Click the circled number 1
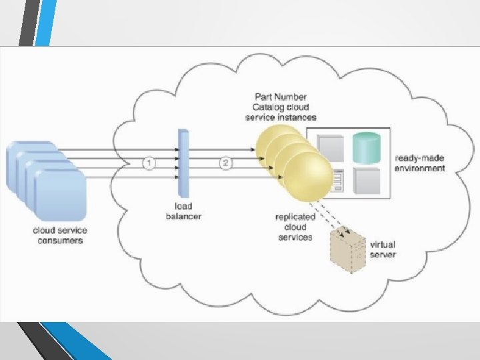[150, 163]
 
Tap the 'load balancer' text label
[183, 211]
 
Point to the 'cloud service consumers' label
[59, 235]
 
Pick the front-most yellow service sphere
[307, 177]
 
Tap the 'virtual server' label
[383, 249]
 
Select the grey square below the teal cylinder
[366, 181]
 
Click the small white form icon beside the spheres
[337, 180]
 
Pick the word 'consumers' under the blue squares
[60, 240]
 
